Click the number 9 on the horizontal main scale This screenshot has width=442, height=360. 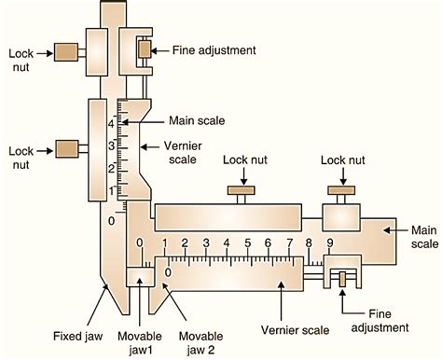pyautogui.click(x=329, y=243)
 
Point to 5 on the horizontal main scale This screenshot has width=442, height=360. pyautogui.click(x=247, y=243)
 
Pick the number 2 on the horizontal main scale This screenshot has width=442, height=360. pyautogui.click(x=185, y=243)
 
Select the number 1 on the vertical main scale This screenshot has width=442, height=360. pyautogui.click(x=111, y=190)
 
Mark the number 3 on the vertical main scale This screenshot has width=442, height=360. pyautogui.click(x=110, y=146)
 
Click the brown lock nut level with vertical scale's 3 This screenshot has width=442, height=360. pyautogui.click(x=65, y=148)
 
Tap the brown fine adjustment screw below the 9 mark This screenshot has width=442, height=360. pyautogui.click(x=343, y=278)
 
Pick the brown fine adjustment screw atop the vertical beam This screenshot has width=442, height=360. pyautogui.click(x=145, y=48)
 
